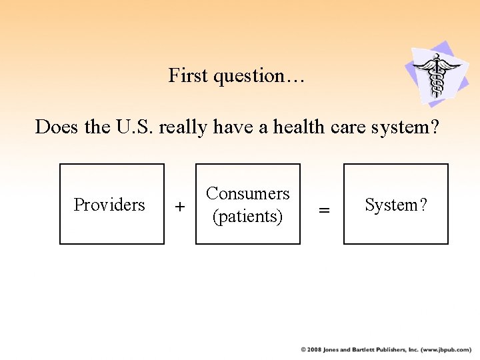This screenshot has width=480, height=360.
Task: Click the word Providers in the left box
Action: (109, 205)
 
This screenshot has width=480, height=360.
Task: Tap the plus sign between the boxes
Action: (179, 208)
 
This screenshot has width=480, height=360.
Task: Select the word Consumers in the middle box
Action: (248, 193)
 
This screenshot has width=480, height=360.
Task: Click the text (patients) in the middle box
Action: (248, 217)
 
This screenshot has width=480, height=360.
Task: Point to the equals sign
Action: (324, 210)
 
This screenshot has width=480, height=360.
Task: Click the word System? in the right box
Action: (396, 205)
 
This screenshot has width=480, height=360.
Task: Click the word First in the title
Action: (189, 76)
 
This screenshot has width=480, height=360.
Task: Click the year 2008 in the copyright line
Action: (314, 349)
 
